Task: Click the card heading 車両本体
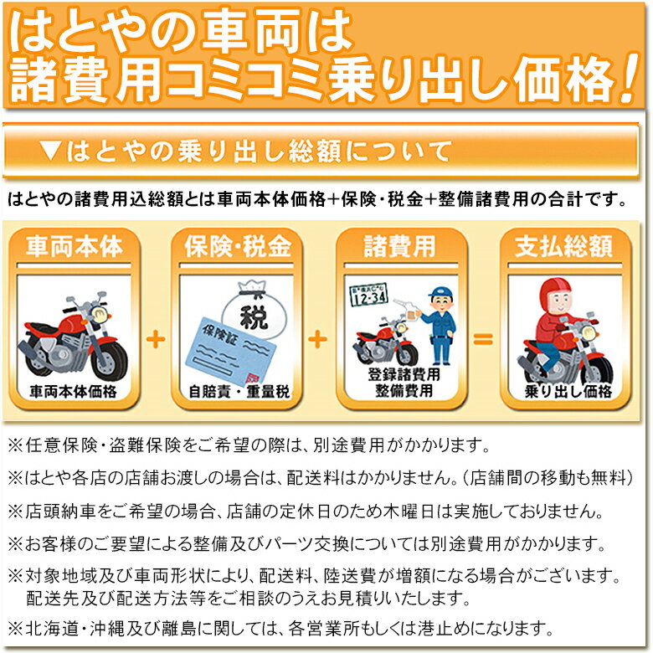coord(75,245)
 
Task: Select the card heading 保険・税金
coord(238,245)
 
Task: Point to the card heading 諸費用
coord(400,245)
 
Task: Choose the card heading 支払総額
coord(564,245)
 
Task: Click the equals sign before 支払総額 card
coord(483,339)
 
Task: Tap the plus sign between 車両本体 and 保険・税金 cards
coord(156,339)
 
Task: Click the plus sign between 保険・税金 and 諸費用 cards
coord(317,339)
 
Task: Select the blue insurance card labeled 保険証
coord(230,351)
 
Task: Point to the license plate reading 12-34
coord(369,295)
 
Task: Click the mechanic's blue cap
coord(440,291)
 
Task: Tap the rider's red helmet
coord(556,294)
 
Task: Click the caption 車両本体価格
coord(74,392)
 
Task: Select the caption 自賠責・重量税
coord(239,392)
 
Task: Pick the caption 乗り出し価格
coord(568,392)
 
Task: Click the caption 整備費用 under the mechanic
coord(404,391)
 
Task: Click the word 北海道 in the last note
coord(52,629)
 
